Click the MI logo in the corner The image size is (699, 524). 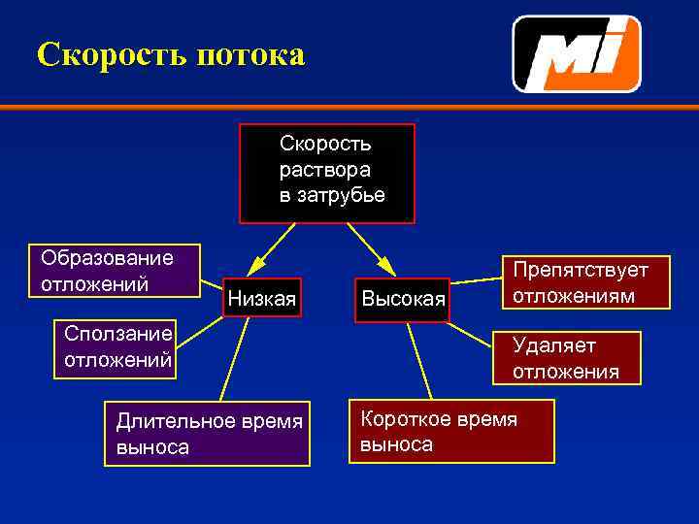click(577, 53)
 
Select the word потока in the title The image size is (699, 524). click(250, 54)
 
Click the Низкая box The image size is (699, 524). click(260, 297)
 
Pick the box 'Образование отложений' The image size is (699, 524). click(116, 270)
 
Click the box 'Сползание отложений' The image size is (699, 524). click(116, 346)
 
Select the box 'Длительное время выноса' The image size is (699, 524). click(208, 434)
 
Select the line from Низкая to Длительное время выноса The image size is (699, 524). click(237, 359)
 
